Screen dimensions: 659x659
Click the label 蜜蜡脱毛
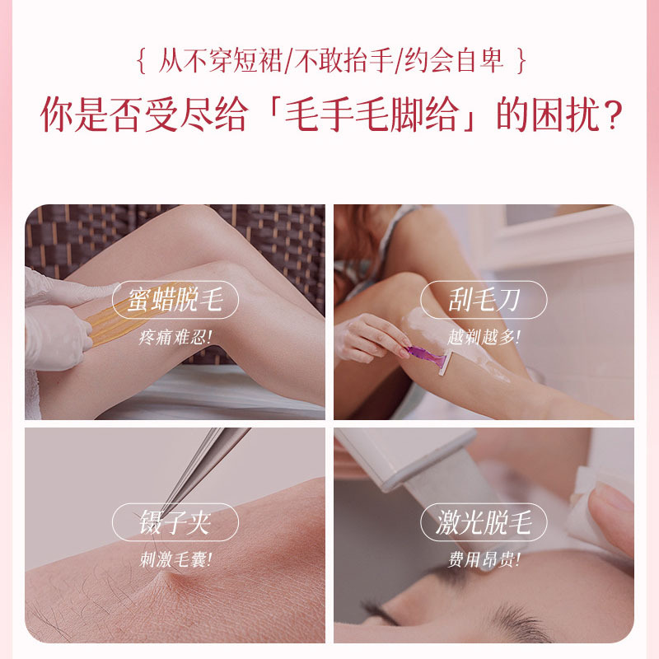pyautogui.click(x=175, y=301)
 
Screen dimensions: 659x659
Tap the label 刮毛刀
pyautogui.click(x=484, y=301)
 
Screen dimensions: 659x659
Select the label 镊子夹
pyautogui.click(x=175, y=523)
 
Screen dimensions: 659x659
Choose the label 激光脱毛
pyautogui.click(x=484, y=523)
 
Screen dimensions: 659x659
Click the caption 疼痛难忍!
pyautogui.click(x=175, y=337)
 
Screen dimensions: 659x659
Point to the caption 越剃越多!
pyautogui.click(x=484, y=337)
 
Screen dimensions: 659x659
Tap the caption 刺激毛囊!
pyautogui.click(x=175, y=559)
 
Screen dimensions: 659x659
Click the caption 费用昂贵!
pyautogui.click(x=484, y=559)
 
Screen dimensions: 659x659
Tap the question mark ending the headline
pyautogui.click(x=609, y=117)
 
